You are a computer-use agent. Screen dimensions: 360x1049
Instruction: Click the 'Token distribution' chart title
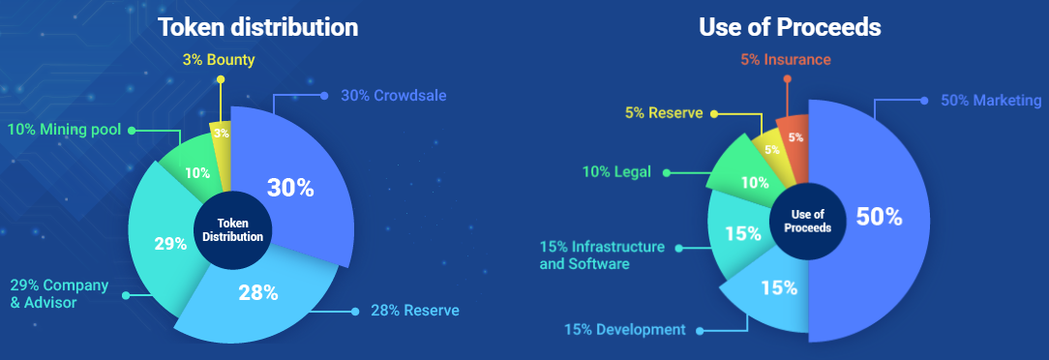(x=258, y=27)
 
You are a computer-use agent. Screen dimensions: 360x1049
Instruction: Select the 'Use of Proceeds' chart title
(x=790, y=27)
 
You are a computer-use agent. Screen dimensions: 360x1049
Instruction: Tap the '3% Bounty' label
(x=219, y=60)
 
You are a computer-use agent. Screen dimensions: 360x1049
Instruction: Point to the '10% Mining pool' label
(x=65, y=129)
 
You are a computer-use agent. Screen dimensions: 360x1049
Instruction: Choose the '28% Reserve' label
(x=414, y=311)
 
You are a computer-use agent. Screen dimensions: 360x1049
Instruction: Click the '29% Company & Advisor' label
(x=59, y=294)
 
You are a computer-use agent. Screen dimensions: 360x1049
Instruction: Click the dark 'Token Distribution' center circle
(x=233, y=230)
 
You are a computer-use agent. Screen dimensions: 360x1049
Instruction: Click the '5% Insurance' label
(x=785, y=60)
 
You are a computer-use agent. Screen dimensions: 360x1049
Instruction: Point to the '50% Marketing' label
(x=990, y=101)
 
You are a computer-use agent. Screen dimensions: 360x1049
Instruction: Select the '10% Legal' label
(x=616, y=172)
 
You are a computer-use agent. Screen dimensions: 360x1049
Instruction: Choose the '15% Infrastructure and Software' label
(x=602, y=255)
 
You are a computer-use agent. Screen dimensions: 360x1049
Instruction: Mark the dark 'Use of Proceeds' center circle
(x=807, y=220)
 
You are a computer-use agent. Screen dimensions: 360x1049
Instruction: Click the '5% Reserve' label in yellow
(x=662, y=112)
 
